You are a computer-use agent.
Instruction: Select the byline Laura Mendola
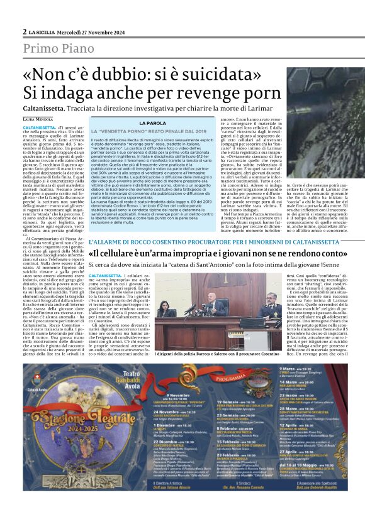tap(38, 119)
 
